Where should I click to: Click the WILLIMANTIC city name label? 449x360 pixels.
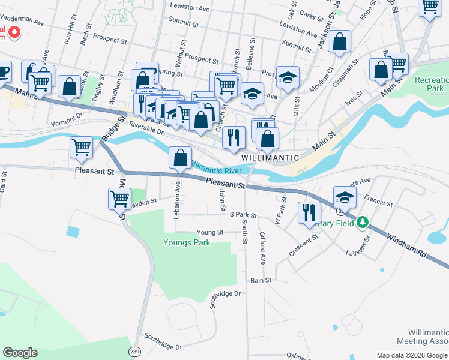[x=270, y=157]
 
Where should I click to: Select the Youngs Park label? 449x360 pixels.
[x=187, y=242]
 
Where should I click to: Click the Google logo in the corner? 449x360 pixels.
[x=20, y=353]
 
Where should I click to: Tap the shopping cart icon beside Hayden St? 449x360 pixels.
[x=119, y=198]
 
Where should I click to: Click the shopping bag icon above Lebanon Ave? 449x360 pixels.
[x=180, y=158]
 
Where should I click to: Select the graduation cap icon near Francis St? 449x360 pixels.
[x=345, y=196]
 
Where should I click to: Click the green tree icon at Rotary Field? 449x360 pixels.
[x=362, y=223]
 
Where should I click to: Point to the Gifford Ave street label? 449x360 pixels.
[x=262, y=248]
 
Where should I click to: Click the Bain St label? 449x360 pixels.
[x=261, y=280]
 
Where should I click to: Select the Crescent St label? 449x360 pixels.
[x=303, y=246]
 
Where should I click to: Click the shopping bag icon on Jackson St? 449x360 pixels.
[x=339, y=42]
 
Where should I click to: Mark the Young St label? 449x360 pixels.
[x=210, y=232]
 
